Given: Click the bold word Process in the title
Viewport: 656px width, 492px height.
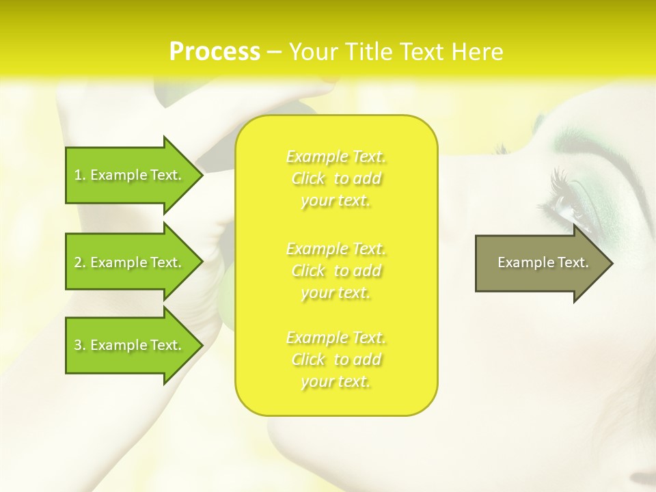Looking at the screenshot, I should [215, 52].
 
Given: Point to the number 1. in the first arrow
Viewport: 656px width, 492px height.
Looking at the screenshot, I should [80, 175].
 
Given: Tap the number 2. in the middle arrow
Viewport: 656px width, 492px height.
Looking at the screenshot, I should [80, 262].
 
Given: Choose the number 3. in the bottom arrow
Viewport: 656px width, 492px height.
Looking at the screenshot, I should [80, 345].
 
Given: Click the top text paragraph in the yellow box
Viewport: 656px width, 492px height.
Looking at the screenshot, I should [336, 178].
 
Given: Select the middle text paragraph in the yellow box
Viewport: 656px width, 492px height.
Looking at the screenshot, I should [336, 271].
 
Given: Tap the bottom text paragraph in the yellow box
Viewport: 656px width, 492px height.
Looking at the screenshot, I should [336, 359].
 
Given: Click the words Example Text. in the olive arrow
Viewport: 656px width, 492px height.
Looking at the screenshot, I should [543, 262].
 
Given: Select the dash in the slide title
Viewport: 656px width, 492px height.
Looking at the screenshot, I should [274, 52].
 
